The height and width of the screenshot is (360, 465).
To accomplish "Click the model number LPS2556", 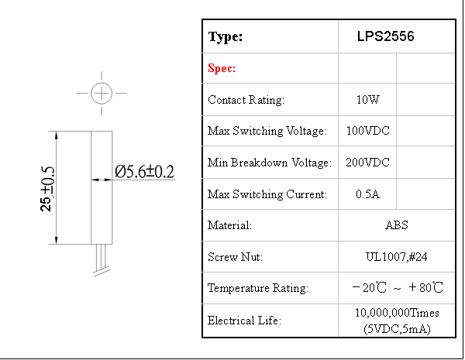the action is point(385,36).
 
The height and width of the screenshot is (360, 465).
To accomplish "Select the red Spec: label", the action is point(222,68).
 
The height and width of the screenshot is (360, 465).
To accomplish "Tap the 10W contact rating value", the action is point(367,100).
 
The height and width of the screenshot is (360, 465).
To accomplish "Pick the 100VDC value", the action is point(367,131).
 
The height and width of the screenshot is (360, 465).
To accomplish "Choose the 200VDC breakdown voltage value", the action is point(367,163).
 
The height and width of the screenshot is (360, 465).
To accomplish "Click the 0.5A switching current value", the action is point(367,194).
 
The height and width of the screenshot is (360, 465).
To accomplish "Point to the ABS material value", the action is point(397,225).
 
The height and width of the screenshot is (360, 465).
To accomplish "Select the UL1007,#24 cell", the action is point(397,256).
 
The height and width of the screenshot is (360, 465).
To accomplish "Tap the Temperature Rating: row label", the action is point(258,288).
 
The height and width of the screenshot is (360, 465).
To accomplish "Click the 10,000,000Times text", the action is point(397,313).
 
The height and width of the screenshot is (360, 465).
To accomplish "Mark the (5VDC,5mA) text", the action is point(397,329).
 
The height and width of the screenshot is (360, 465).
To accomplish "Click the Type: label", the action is point(226,36).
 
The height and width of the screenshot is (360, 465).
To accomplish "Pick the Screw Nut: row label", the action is point(235,256).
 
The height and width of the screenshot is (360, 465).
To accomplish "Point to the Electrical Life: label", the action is point(244,321).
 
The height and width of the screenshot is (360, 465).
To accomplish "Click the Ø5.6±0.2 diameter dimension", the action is point(144,172).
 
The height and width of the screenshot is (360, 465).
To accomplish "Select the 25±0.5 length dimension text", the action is point(47,189).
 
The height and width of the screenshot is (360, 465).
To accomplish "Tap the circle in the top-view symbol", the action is point(102,94).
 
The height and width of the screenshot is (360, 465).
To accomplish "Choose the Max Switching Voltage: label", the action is point(267,131).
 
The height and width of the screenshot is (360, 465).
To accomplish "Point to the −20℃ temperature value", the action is point(369,287).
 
